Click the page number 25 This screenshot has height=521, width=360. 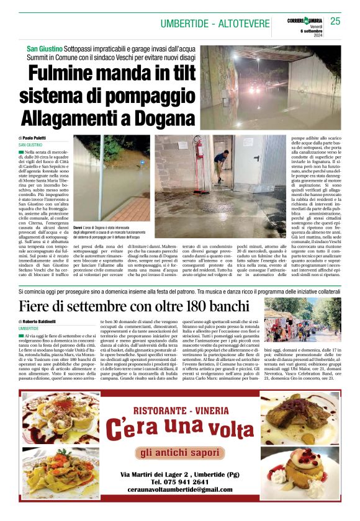336,21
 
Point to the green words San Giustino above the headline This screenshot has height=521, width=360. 44,48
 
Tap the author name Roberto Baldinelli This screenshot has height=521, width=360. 42,322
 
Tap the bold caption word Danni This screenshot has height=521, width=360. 79,228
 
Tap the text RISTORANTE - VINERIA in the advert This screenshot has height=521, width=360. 180,410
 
